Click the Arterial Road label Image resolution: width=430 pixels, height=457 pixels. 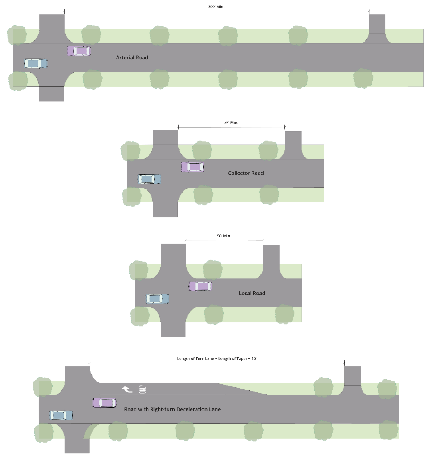point(132,58)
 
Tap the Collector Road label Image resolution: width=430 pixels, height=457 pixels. point(246,173)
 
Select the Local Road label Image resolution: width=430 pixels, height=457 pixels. point(252,293)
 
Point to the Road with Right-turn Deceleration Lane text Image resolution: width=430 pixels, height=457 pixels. point(172,409)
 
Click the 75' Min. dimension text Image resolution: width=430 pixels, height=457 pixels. point(231,123)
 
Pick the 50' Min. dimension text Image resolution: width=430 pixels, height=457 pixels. point(224,236)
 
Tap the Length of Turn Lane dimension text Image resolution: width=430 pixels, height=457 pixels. point(217,359)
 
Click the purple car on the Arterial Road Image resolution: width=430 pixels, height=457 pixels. point(79,51)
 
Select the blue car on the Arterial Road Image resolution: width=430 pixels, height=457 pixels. point(36,64)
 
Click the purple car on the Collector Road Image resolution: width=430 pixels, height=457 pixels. point(192,167)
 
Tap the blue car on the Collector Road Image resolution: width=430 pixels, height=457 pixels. point(150,179)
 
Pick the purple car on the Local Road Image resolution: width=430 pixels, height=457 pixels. point(200,286)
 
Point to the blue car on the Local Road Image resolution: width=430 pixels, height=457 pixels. point(158,298)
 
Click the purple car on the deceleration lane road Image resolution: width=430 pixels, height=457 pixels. point(105,403)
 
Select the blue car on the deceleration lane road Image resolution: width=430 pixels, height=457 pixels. point(61,415)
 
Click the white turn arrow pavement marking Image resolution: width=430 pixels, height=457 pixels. point(127,389)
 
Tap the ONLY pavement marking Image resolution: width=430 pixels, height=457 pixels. point(143,389)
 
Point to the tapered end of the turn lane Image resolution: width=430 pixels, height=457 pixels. point(243,389)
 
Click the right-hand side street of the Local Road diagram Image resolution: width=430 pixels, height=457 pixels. point(271,260)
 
